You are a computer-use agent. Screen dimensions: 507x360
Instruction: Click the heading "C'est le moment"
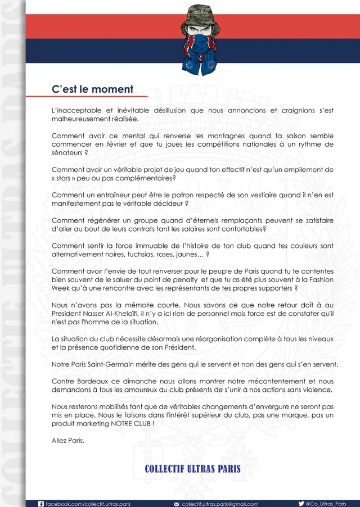[92, 89]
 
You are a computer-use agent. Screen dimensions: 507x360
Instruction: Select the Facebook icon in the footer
[40, 504]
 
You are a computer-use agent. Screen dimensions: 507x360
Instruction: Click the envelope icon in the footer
[177, 504]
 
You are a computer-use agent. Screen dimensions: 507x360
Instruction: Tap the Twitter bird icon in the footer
[301, 504]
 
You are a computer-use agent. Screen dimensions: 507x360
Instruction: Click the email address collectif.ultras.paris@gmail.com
[220, 504]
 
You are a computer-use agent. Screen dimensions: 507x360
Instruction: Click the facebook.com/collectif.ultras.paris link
[88, 504]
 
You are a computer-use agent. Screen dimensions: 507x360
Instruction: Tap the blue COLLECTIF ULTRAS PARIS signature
[193, 469]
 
